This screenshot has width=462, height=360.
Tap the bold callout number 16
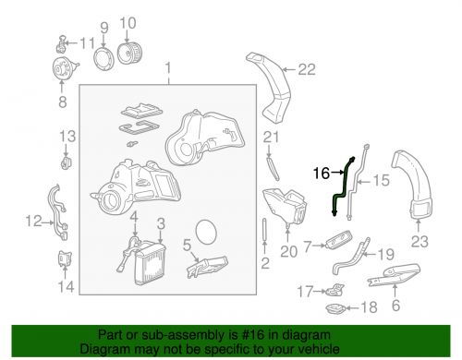click(322, 174)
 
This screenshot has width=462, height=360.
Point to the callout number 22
click(307, 69)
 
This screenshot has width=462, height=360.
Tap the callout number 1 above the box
click(168, 68)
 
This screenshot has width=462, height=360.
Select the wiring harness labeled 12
click(57, 212)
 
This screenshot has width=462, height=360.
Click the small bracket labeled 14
click(65, 259)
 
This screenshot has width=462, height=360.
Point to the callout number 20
click(288, 252)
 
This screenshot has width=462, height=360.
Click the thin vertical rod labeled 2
click(264, 230)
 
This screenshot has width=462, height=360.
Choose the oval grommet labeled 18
click(335, 308)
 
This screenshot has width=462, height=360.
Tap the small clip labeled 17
click(335, 290)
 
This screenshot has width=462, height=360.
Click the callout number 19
click(386, 254)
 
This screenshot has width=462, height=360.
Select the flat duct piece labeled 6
click(395, 274)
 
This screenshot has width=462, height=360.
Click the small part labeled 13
click(66, 162)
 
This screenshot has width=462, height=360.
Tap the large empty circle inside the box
click(206, 233)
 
